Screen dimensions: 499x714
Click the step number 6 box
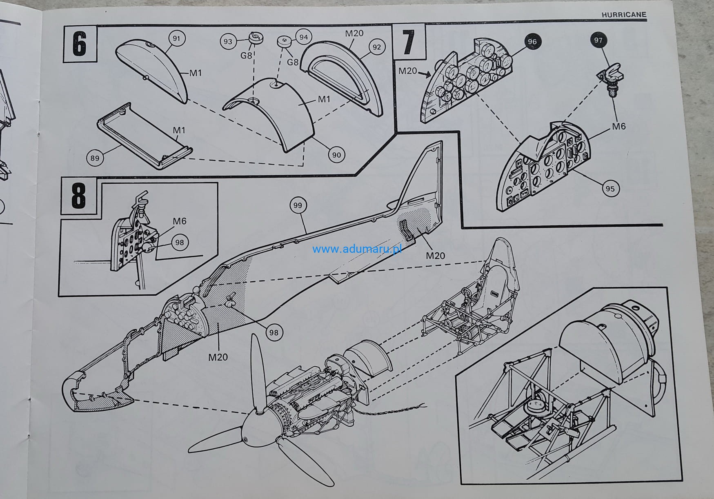point(80,44)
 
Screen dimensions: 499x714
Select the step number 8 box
point(79,196)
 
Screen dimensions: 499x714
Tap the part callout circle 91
point(176,39)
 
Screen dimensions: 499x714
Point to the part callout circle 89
point(95,158)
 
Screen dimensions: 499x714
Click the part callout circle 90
point(336,155)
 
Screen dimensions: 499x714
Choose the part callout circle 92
point(376,47)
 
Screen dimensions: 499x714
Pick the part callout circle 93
point(228,41)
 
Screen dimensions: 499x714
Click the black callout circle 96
point(532,42)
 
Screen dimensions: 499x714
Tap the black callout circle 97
point(598,40)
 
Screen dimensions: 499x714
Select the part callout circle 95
point(610,188)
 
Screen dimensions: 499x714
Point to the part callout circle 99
point(298,205)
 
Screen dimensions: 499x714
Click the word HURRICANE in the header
point(624,14)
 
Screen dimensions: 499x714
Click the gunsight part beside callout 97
point(610,77)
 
